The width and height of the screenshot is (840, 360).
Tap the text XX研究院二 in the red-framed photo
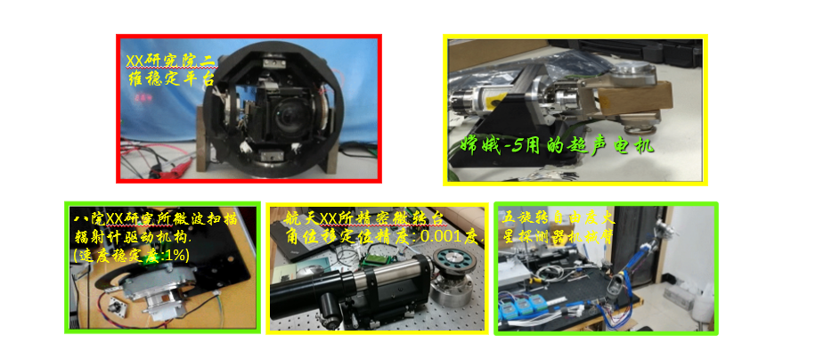(170, 61)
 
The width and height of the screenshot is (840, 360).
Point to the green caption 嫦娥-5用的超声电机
(558, 145)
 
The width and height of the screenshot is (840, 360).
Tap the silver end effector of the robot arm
(614, 290)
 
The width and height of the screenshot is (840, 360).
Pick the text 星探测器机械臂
(557, 236)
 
